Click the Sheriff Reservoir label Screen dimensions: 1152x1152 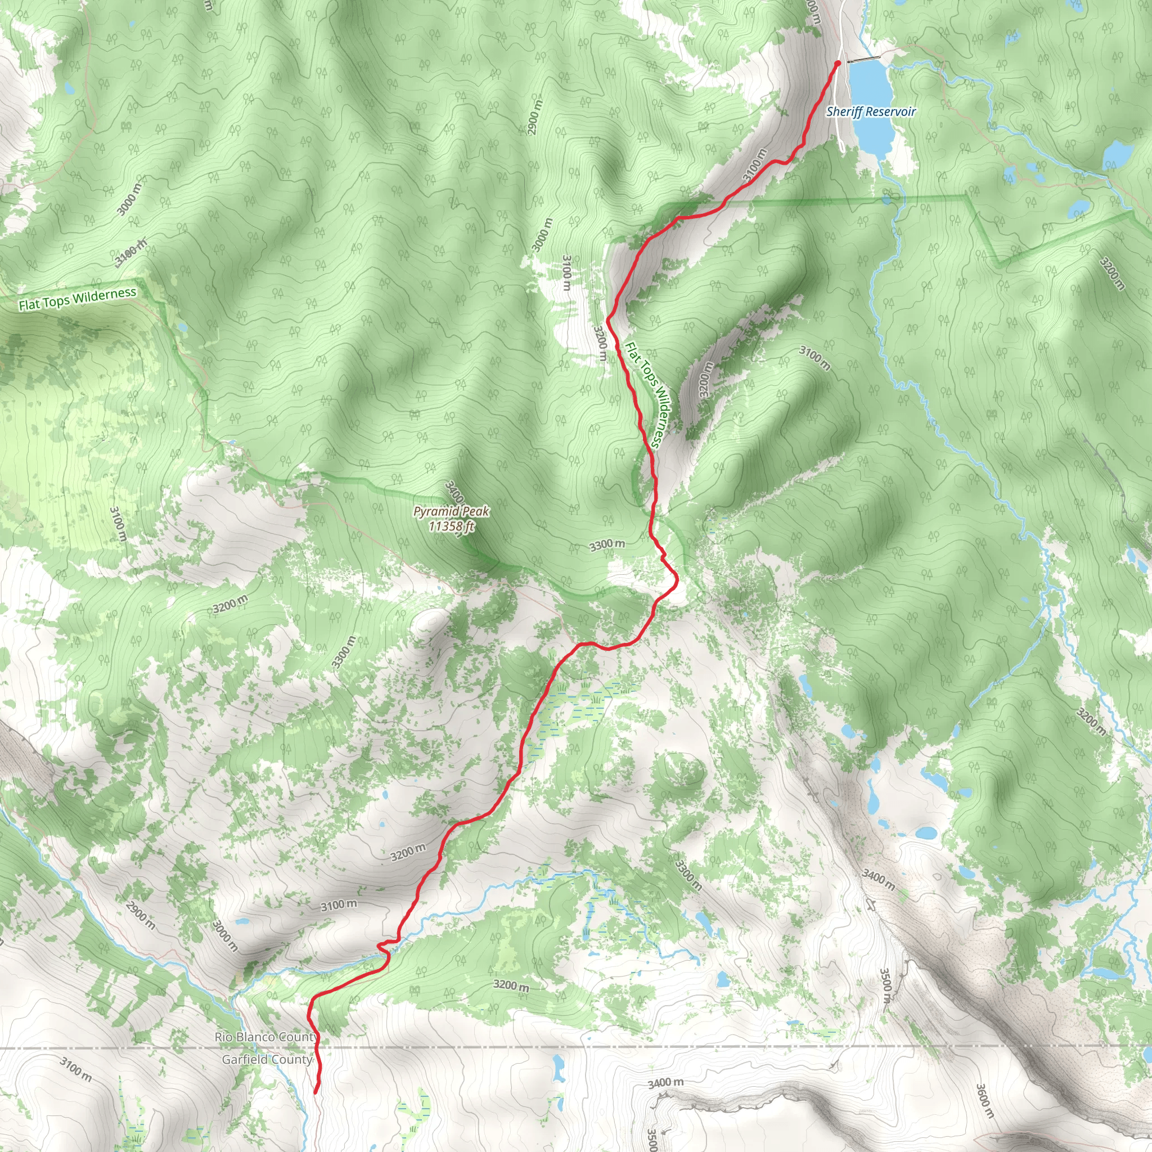[x=871, y=111]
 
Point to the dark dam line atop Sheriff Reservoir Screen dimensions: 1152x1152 [x=863, y=60]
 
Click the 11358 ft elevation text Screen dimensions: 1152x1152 [x=451, y=526]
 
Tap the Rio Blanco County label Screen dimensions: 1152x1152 [x=266, y=1037]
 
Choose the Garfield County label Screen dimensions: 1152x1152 [x=267, y=1060]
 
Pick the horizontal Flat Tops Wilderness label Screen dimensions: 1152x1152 [x=78, y=299]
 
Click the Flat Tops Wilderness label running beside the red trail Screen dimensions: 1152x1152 [x=643, y=394]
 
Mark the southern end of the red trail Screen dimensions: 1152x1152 [x=316, y=1092]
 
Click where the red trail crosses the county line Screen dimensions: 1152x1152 [x=317, y=1047]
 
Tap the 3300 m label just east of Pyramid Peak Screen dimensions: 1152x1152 [x=607, y=544]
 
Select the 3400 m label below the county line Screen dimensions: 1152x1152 [x=665, y=1082]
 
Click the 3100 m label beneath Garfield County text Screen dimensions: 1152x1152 [x=76, y=1069]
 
